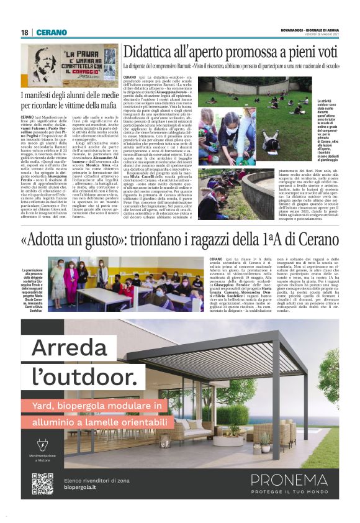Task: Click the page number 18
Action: click(x=25, y=32)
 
